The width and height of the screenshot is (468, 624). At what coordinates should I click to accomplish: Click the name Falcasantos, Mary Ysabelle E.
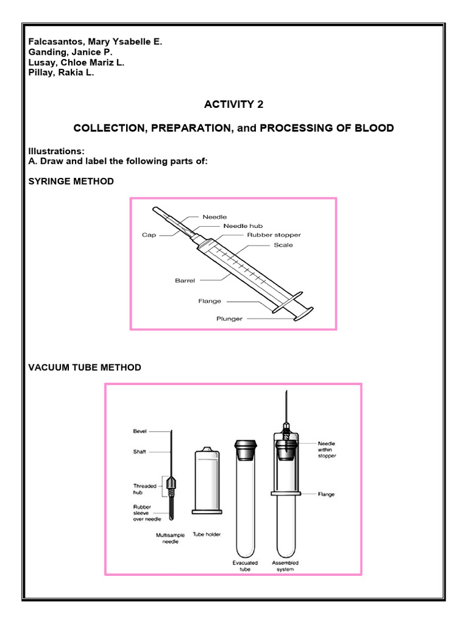[96, 41]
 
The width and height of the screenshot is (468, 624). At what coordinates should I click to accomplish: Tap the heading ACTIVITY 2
[234, 104]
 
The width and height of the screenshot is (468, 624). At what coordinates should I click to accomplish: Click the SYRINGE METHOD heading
[71, 182]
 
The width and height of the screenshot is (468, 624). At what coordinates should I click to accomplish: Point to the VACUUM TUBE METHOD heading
[85, 367]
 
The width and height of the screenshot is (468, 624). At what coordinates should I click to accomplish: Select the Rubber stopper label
[273, 235]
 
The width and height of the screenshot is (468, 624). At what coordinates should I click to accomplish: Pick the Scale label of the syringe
[283, 245]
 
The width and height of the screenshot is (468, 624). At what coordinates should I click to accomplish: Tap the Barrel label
[185, 281]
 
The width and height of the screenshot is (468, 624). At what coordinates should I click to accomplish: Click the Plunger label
[230, 318]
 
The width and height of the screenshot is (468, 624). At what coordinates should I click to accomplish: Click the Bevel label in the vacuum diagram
[140, 431]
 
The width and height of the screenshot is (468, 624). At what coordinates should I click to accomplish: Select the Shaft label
[140, 452]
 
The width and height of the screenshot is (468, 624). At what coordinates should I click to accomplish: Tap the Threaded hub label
[144, 489]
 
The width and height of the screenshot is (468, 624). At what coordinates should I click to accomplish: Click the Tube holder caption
[207, 534]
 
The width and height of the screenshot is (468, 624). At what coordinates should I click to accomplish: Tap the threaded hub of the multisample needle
[173, 484]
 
